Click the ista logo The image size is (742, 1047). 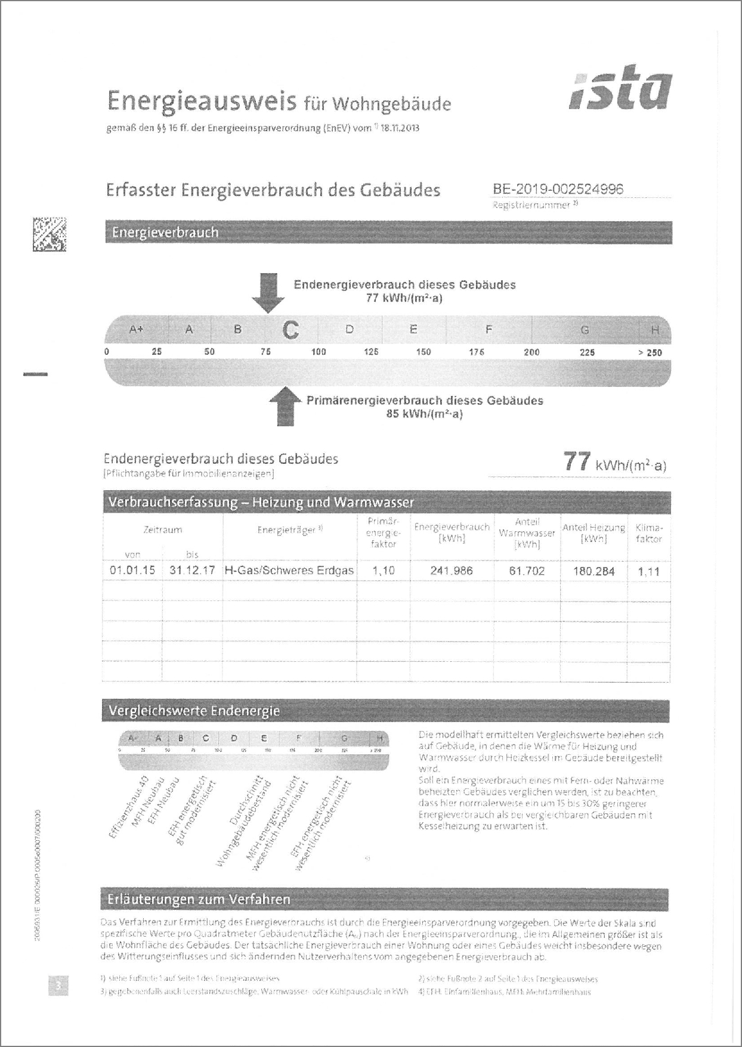[620, 91]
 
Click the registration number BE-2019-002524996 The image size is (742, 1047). [558, 189]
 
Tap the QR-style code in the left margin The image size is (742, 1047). [50, 234]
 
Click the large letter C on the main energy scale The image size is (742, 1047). [290, 330]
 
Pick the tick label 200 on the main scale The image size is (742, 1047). [531, 352]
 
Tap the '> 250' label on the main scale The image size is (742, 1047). [650, 352]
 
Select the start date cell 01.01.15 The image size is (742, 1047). [132, 571]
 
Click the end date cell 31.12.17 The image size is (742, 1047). [192, 571]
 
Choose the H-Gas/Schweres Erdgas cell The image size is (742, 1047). [289, 571]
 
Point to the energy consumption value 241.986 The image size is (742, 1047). [452, 571]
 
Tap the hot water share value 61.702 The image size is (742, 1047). [527, 571]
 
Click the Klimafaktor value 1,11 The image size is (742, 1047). [648, 571]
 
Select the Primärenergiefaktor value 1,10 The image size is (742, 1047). [384, 571]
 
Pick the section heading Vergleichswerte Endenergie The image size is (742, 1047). [194, 711]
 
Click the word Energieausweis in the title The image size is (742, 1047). [202, 101]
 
